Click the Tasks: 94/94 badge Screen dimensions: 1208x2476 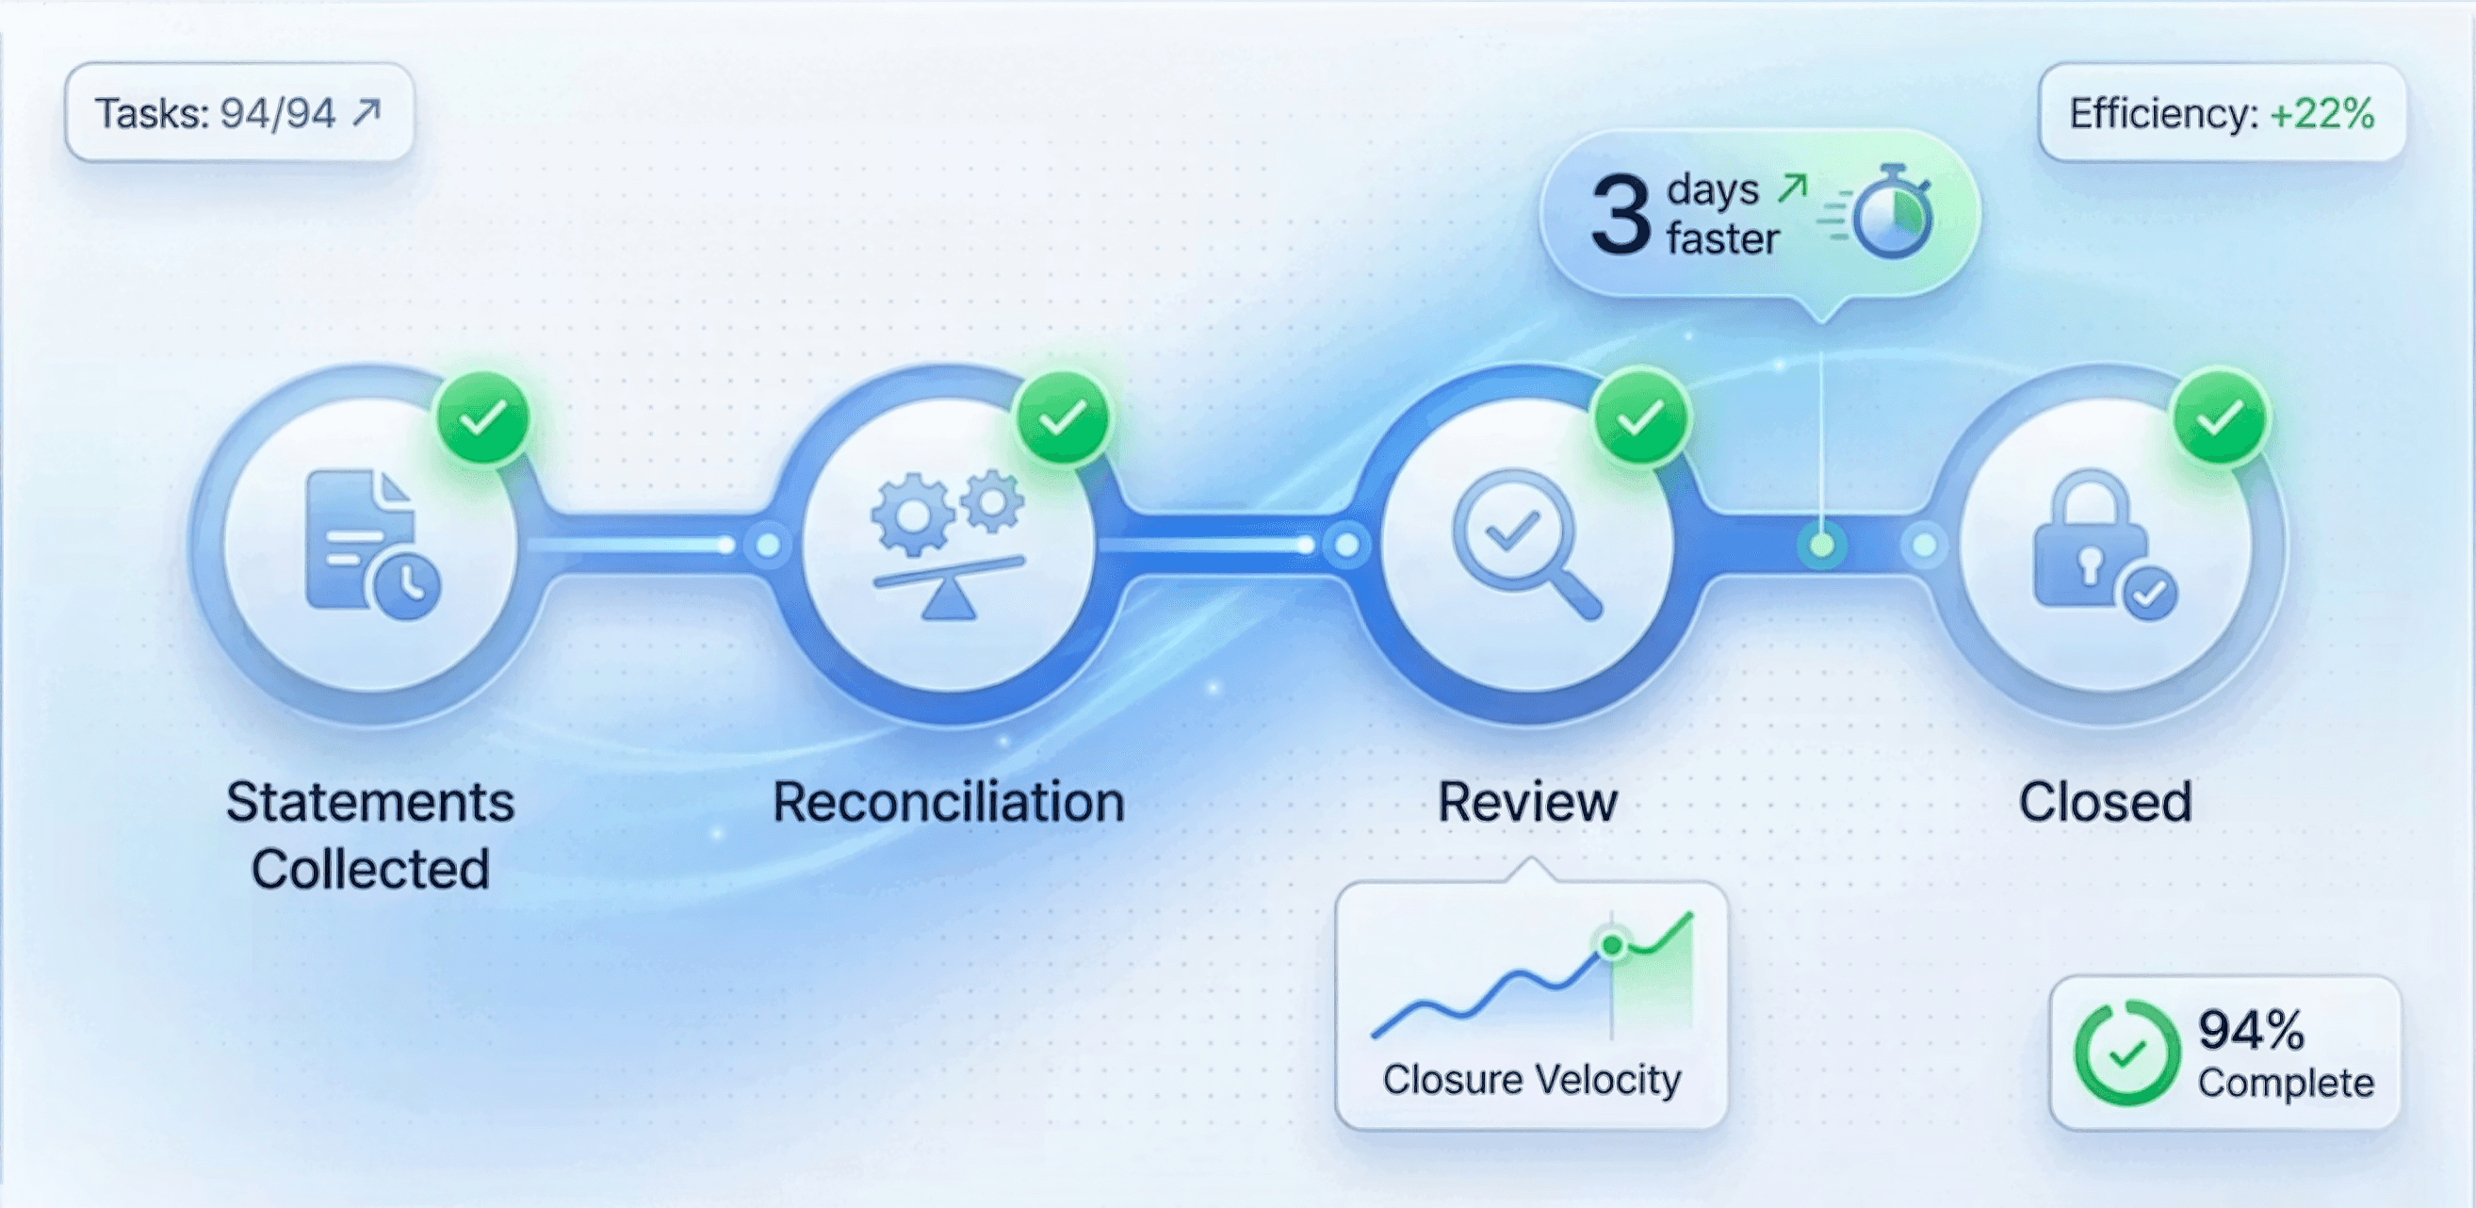click(238, 113)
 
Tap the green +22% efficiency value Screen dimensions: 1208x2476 click(2321, 113)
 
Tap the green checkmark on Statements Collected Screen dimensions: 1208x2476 click(482, 418)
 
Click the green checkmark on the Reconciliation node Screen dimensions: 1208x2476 click(1063, 418)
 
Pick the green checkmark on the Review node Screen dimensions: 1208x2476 click(1640, 418)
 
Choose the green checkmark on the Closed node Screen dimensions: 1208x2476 click(2221, 418)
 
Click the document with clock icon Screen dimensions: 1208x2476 click(371, 544)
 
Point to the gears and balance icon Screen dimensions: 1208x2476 click(948, 544)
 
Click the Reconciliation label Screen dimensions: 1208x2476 click(949, 803)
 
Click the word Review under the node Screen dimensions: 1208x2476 click(1527, 803)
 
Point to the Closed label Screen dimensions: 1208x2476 click(2105, 803)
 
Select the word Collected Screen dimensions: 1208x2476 click(370, 870)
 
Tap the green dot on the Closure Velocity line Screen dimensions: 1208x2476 click(1612, 946)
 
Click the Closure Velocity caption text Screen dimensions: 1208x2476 click(1531, 1080)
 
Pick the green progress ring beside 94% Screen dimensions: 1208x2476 click(2126, 1053)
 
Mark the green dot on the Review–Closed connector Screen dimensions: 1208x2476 click(1821, 546)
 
